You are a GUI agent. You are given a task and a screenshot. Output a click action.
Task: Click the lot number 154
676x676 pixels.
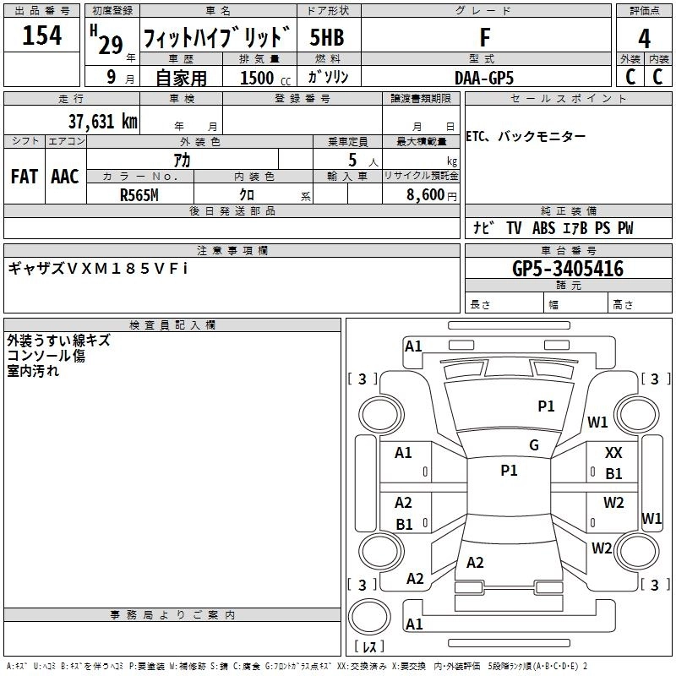click(x=41, y=36)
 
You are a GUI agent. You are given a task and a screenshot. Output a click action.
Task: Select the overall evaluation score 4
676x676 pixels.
click(x=645, y=38)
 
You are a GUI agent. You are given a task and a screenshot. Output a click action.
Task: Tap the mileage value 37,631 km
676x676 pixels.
click(x=102, y=122)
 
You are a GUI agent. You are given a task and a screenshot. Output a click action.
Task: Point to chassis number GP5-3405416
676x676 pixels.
click(x=568, y=269)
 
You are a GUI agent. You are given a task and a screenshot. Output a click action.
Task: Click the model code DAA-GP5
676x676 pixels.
click(x=484, y=77)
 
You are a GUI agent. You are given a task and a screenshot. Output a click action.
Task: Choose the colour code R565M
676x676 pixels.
click(x=140, y=194)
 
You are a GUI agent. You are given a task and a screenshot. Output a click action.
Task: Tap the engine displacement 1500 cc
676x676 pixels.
click(x=257, y=78)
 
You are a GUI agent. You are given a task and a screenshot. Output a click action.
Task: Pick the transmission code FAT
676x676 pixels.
click(x=24, y=177)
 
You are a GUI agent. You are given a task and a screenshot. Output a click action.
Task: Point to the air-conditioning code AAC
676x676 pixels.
click(x=65, y=177)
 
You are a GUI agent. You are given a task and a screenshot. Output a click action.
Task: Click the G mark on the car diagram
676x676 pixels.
click(x=533, y=445)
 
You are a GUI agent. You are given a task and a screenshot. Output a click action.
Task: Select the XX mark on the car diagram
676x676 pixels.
click(x=613, y=454)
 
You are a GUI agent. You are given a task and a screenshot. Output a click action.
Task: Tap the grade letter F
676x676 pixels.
click(x=484, y=38)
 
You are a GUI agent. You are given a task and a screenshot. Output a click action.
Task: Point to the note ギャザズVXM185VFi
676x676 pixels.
click(x=97, y=268)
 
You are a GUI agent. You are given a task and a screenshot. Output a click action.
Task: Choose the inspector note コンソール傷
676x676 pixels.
click(x=46, y=356)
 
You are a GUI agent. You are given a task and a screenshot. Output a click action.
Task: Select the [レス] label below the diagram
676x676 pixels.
click(x=368, y=647)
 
